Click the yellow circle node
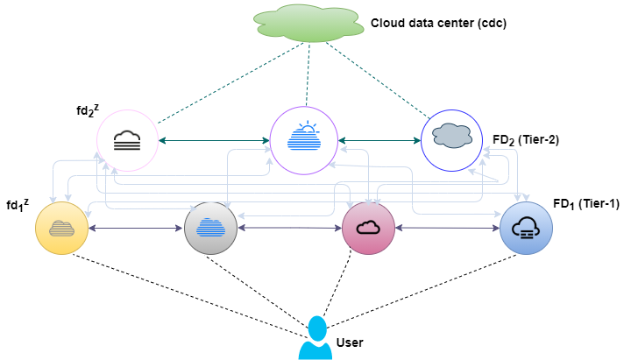(61, 229)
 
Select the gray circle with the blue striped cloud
(210, 229)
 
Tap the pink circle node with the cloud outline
(368, 229)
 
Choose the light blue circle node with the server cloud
(526, 229)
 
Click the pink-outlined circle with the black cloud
(127, 140)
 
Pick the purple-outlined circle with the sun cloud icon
(304, 140)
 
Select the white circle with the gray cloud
(451, 140)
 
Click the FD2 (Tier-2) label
(525, 140)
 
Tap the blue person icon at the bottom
(315, 340)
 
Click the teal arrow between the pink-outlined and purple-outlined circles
(214, 140)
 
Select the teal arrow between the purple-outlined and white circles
(379, 140)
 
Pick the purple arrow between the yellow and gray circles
(136, 229)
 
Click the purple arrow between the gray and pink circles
(289, 229)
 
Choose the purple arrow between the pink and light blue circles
(447, 229)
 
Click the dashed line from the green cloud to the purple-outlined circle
(307, 74)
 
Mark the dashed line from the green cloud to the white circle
(377, 81)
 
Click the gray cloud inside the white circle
(452, 136)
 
